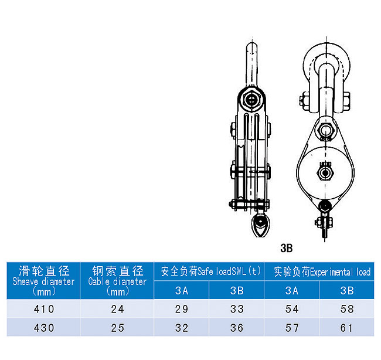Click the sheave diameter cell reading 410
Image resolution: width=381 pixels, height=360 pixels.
point(44,309)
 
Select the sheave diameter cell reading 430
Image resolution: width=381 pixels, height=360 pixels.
point(44,328)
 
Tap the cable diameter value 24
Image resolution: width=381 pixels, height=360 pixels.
point(118,309)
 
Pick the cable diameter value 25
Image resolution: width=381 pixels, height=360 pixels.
point(118,328)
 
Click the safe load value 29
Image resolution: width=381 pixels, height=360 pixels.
point(182,309)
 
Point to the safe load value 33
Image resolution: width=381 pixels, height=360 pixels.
point(237,309)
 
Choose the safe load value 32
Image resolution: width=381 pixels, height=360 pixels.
point(182,328)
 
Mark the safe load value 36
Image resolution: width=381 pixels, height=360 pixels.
point(237,328)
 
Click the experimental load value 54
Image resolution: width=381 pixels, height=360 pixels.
point(292,309)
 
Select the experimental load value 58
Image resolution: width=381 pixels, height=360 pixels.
point(347,309)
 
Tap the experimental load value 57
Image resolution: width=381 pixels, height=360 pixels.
point(292,328)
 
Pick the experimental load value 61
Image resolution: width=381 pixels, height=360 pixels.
point(346,328)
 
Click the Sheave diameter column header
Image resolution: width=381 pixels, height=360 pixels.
point(43,281)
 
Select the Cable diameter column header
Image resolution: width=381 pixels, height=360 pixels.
point(117,281)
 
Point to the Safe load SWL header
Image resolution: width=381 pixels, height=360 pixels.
point(210,271)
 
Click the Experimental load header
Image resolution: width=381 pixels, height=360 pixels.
point(322,271)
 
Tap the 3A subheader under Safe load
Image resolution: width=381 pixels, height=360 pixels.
point(182,290)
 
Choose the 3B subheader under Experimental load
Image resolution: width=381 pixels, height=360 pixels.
point(347,290)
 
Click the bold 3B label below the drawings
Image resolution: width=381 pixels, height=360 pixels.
point(287,248)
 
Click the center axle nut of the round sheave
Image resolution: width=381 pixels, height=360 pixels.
point(325,173)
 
